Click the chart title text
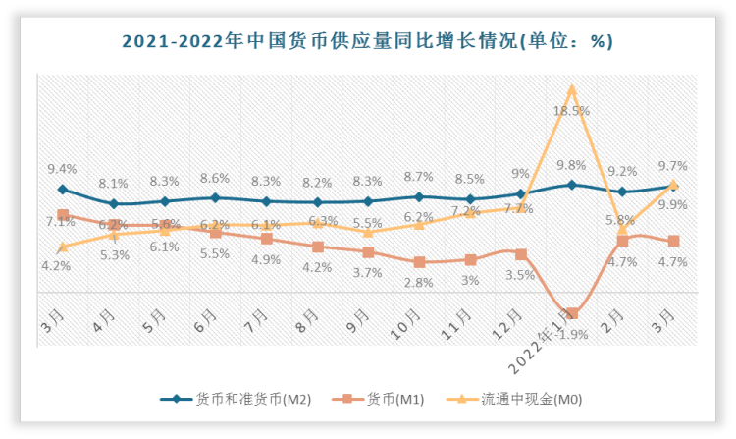367,41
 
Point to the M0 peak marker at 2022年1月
572,89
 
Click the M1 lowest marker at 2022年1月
572,314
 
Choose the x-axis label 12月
513,321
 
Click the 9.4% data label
62,170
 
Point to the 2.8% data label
419,283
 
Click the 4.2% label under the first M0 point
56,266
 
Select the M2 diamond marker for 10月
419,197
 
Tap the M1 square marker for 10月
419,262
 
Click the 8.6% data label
214,179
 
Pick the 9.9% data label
672,205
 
